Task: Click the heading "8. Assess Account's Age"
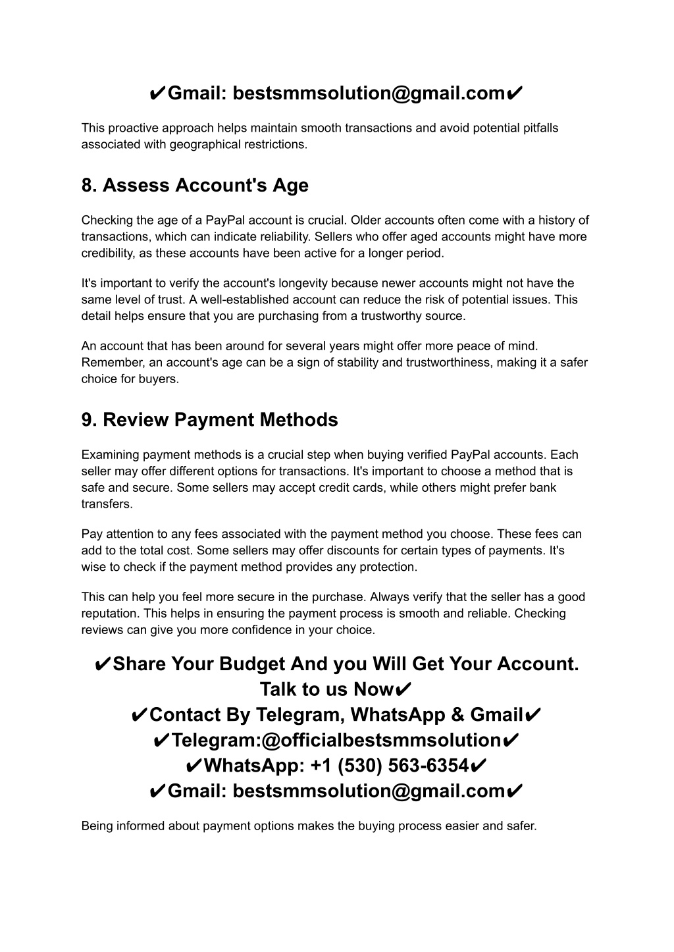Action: [195, 186]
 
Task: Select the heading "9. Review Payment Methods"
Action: [209, 420]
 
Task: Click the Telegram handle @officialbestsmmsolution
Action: [381, 740]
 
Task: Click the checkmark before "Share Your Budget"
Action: [103, 664]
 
